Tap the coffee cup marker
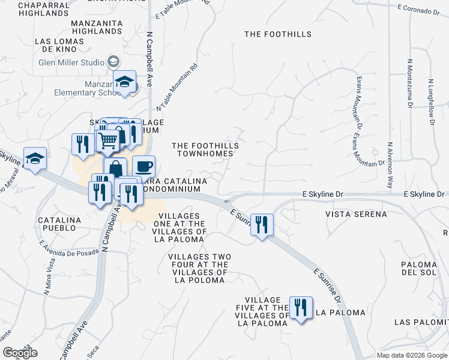143,166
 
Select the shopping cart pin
107,140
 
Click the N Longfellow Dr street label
431,101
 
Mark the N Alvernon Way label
390,165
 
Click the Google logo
20,353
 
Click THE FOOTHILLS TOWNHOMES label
205,149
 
